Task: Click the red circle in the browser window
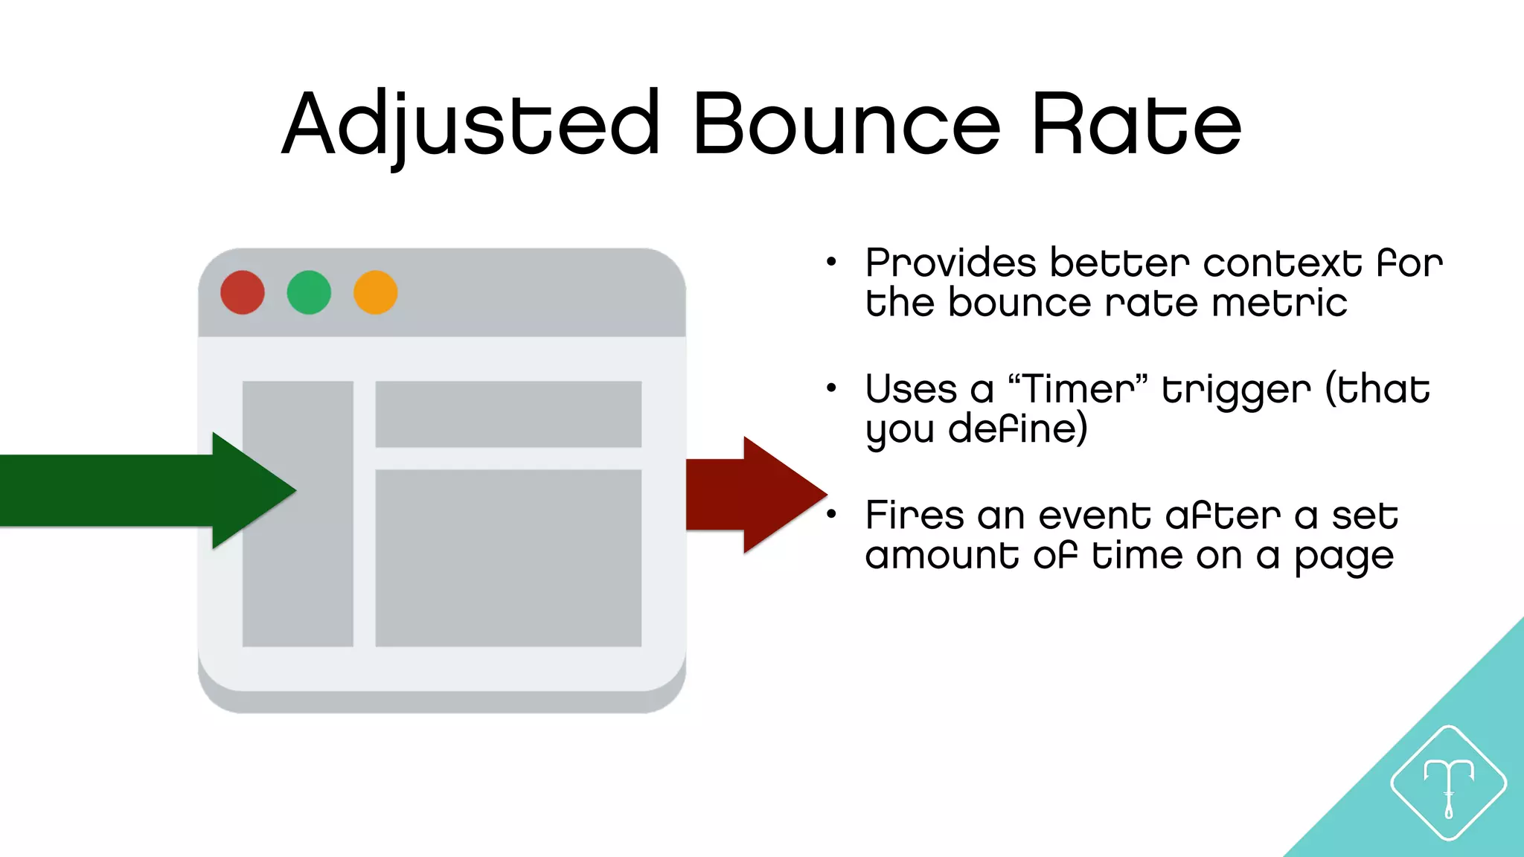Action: click(x=243, y=292)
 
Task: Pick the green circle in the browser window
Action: click(x=309, y=292)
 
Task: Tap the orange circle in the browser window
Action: click(x=375, y=292)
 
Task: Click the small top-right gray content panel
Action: click(x=508, y=414)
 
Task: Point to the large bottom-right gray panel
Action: click(x=508, y=558)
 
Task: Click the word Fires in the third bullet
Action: click(x=915, y=516)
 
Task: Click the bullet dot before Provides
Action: click(x=831, y=262)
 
